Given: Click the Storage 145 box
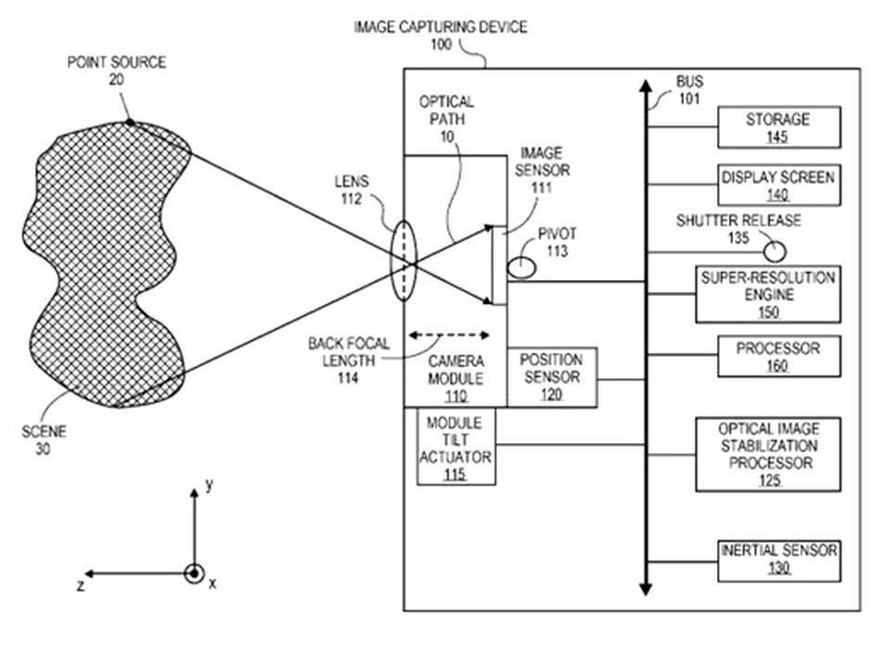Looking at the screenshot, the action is (x=779, y=127).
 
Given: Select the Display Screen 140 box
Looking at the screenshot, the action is (x=779, y=185).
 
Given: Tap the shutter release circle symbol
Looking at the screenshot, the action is (x=775, y=251).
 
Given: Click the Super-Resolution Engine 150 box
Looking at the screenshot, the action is (x=768, y=294).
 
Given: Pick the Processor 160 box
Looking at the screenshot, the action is (x=779, y=357).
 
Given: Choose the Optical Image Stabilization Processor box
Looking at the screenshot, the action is (x=768, y=454).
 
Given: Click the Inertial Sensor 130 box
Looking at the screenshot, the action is (x=779, y=561).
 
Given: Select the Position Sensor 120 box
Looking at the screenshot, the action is (x=552, y=377).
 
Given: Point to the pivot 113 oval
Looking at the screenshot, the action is (x=521, y=267).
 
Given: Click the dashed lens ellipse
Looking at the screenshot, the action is (x=404, y=261).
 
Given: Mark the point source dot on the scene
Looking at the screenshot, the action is (x=130, y=121).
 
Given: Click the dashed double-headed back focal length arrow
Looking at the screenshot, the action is (x=449, y=336).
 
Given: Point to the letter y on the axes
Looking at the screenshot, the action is (x=209, y=485).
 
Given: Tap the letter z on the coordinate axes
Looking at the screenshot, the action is (x=82, y=586).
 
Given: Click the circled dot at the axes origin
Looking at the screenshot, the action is (x=195, y=574).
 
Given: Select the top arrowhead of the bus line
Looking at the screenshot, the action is (x=647, y=85).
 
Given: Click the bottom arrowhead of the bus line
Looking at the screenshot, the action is (x=647, y=590).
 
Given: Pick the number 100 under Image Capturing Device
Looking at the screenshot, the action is (x=442, y=45).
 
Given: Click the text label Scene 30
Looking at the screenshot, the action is (x=44, y=440).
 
